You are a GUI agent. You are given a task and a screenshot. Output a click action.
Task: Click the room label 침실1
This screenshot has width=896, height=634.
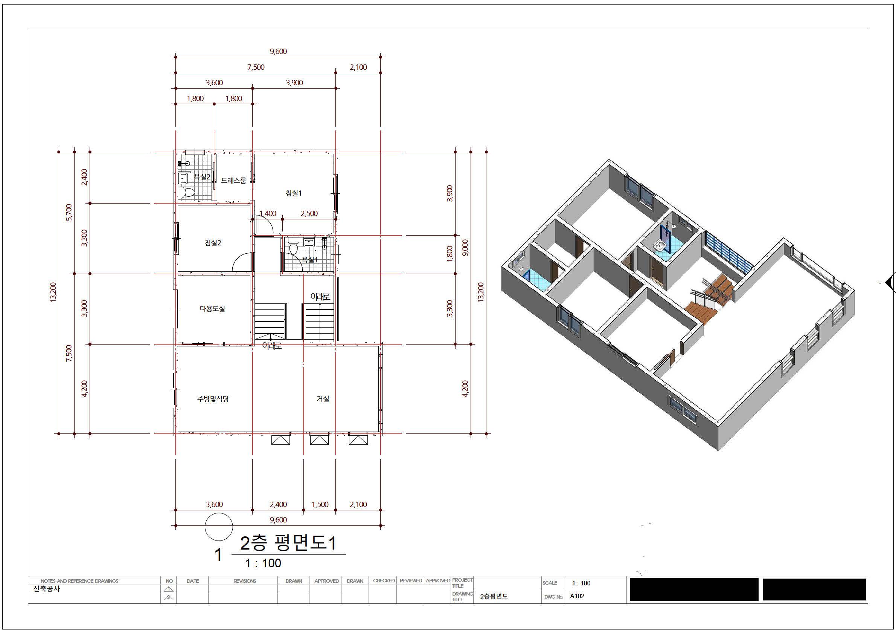(x=294, y=193)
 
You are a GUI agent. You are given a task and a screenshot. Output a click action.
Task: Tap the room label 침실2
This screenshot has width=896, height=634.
(x=213, y=243)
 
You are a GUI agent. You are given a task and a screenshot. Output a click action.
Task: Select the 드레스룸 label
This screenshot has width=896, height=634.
(x=233, y=181)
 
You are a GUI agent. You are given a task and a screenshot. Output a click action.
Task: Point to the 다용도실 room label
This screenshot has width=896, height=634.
(x=212, y=309)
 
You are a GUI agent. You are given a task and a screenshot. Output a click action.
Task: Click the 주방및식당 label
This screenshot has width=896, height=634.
(x=213, y=399)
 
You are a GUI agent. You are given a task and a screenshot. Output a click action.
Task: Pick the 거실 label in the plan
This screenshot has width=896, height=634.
(x=323, y=399)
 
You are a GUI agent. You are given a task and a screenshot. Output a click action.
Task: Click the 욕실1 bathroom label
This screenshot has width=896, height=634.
(x=310, y=260)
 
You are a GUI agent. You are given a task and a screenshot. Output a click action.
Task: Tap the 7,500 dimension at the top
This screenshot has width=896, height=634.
(x=256, y=67)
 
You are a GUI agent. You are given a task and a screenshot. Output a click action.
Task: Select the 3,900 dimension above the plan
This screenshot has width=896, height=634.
(x=294, y=83)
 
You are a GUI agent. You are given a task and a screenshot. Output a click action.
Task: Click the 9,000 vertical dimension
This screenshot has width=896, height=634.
(x=465, y=248)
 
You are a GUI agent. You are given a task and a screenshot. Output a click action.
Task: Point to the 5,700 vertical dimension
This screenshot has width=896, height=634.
(x=69, y=213)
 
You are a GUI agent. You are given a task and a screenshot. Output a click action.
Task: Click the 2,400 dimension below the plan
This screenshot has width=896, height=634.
(x=278, y=504)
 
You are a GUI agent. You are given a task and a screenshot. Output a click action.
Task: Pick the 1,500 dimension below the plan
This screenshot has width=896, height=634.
(x=320, y=504)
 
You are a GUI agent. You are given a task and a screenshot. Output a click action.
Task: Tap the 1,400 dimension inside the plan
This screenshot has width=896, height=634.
(x=268, y=214)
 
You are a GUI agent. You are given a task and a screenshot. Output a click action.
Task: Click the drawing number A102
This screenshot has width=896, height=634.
(x=577, y=596)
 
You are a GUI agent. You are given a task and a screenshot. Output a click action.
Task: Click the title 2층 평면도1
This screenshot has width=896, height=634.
(x=288, y=543)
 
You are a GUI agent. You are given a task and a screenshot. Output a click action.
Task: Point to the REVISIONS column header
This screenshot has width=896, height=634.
(x=245, y=581)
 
